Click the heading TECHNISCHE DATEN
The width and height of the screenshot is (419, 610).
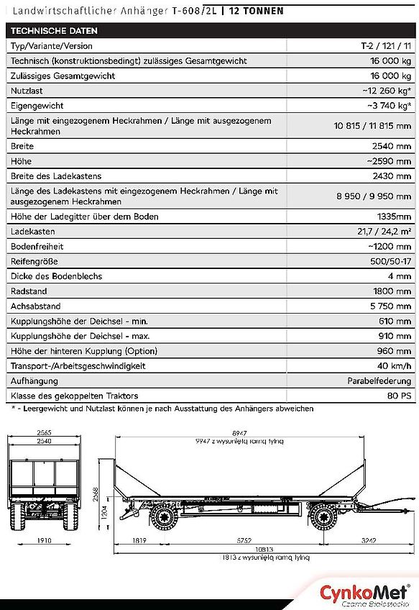pos(55,32)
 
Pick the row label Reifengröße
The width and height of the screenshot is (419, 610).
pos(34,261)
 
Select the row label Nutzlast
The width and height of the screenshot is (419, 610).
pos(27,91)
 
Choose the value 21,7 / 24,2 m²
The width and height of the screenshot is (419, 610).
pos(384,232)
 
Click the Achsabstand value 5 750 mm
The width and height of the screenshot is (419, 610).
pos(390,306)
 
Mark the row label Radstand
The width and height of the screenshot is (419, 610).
pos(29,291)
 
